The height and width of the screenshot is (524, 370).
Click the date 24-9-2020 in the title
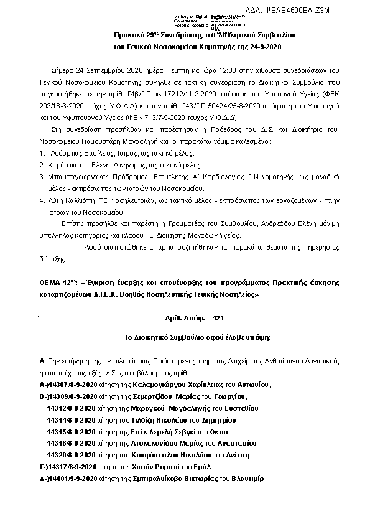[264, 47]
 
